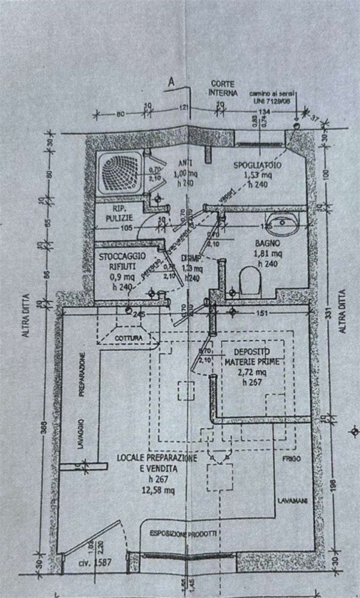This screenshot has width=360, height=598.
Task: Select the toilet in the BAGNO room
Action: coord(248,280)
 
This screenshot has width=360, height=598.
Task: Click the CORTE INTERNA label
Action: coord(222,88)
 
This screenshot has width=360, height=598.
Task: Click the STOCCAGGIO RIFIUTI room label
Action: coord(119,262)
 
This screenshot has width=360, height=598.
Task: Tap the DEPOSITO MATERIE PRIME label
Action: coord(251,356)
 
